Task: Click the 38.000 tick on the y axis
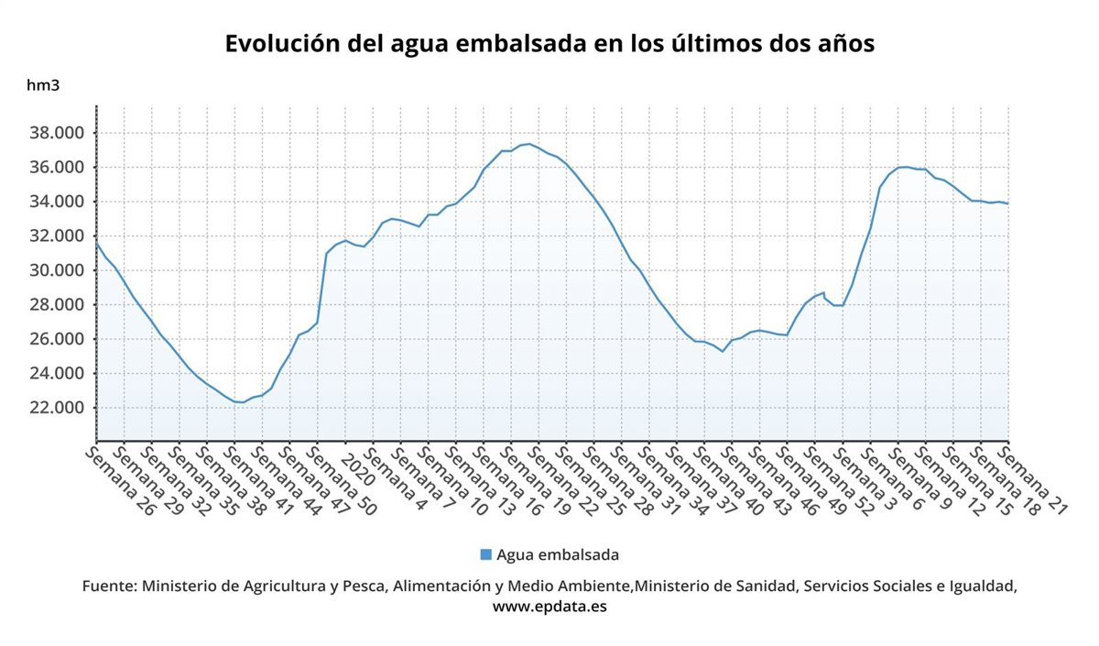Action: (58, 133)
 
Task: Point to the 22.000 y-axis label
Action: (58, 408)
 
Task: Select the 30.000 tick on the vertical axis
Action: (58, 270)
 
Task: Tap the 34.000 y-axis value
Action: (58, 202)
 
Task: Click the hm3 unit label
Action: (42, 86)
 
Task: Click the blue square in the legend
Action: (485, 554)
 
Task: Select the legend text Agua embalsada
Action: (558, 554)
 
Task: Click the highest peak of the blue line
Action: (528, 144)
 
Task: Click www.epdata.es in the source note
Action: (549, 606)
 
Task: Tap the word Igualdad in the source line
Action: (981, 586)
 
